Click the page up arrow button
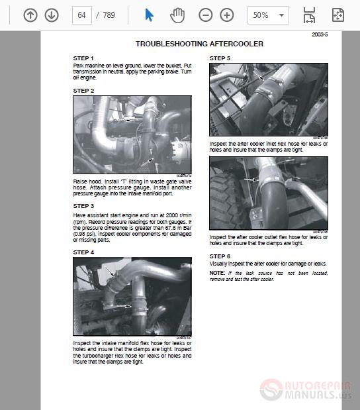click(x=30, y=15)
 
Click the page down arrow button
click(x=52, y=15)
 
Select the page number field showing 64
click(x=81, y=15)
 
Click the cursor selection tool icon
click(x=149, y=15)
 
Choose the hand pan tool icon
click(x=177, y=15)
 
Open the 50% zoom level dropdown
click(x=268, y=15)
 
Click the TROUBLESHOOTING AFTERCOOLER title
click(x=199, y=44)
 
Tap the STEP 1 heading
click(x=83, y=58)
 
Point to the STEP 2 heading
click(x=83, y=91)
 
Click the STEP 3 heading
click(x=83, y=206)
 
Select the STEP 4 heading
click(x=83, y=252)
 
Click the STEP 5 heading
click(x=220, y=58)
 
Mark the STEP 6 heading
click(x=220, y=256)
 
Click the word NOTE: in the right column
click(x=217, y=273)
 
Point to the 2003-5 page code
click(x=320, y=34)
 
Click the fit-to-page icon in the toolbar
click(x=337, y=15)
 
